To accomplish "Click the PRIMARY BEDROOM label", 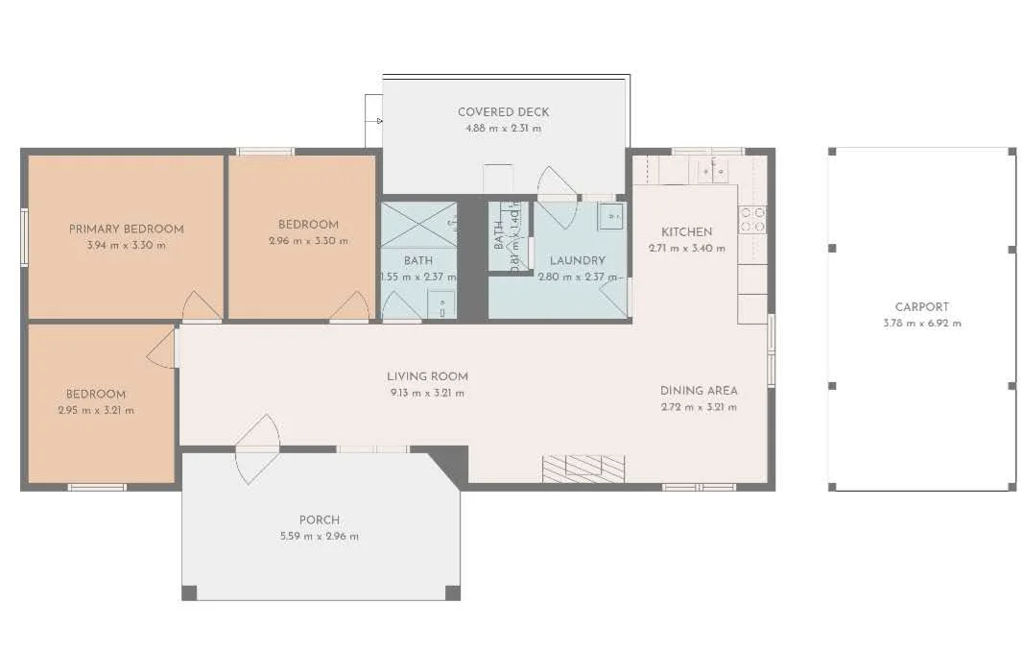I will pyautogui.click(x=126, y=229).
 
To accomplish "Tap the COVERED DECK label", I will pyautogui.click(x=503, y=112).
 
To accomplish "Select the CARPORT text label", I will pyautogui.click(x=921, y=307).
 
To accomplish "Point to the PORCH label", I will pyautogui.click(x=319, y=520).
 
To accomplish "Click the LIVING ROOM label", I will pyautogui.click(x=427, y=376).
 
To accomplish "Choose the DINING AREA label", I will pyautogui.click(x=699, y=391).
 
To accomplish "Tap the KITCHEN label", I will pyautogui.click(x=686, y=231).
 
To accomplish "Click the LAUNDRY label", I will pyautogui.click(x=577, y=260).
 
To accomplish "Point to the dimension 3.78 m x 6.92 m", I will pyautogui.click(x=921, y=324).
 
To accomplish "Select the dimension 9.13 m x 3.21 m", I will pyautogui.click(x=427, y=393).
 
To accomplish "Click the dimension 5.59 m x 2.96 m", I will pyautogui.click(x=319, y=536).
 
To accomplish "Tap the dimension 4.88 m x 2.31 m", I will pyautogui.click(x=503, y=128).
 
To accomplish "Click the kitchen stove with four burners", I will pyautogui.click(x=752, y=219).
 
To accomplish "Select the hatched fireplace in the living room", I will pyautogui.click(x=583, y=468).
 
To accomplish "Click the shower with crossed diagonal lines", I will pyautogui.click(x=418, y=225).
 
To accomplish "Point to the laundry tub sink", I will pyautogui.click(x=610, y=217).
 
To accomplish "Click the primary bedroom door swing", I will pyautogui.click(x=201, y=307).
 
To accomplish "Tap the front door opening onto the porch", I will pyautogui.click(x=256, y=447).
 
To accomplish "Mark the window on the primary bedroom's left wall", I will pyautogui.click(x=24, y=236).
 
